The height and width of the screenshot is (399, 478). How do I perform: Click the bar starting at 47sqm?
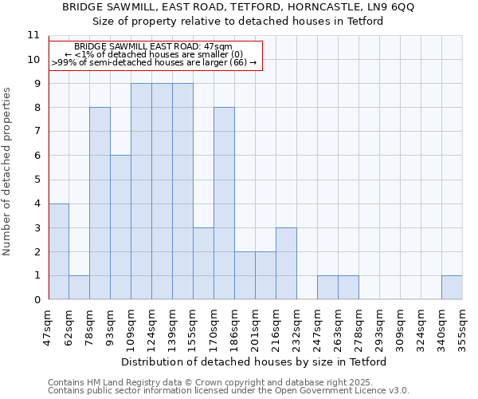point(58,251)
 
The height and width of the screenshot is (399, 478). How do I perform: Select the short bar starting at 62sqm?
point(79,287)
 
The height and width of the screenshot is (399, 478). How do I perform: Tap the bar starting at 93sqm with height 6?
point(120,227)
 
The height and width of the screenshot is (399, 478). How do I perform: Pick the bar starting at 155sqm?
point(203,263)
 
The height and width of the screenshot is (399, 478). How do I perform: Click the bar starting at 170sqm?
point(224,203)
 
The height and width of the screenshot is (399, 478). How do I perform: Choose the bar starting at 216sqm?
point(286,263)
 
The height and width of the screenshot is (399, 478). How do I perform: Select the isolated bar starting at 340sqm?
point(452,287)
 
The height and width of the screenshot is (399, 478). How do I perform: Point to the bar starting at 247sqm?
point(327,287)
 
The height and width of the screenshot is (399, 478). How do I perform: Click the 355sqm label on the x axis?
point(462,327)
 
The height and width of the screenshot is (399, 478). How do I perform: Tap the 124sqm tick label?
point(151,327)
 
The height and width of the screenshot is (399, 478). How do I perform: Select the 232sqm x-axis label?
point(296,327)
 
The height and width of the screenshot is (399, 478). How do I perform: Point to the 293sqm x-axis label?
point(379,327)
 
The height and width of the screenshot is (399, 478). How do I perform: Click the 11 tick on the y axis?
point(33,35)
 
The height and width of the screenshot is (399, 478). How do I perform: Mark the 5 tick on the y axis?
point(36,180)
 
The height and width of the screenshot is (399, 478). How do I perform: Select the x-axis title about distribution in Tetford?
point(255,361)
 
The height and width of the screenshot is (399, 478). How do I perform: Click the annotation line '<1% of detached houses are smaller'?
point(154,54)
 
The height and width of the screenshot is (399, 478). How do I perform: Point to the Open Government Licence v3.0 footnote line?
point(229,390)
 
